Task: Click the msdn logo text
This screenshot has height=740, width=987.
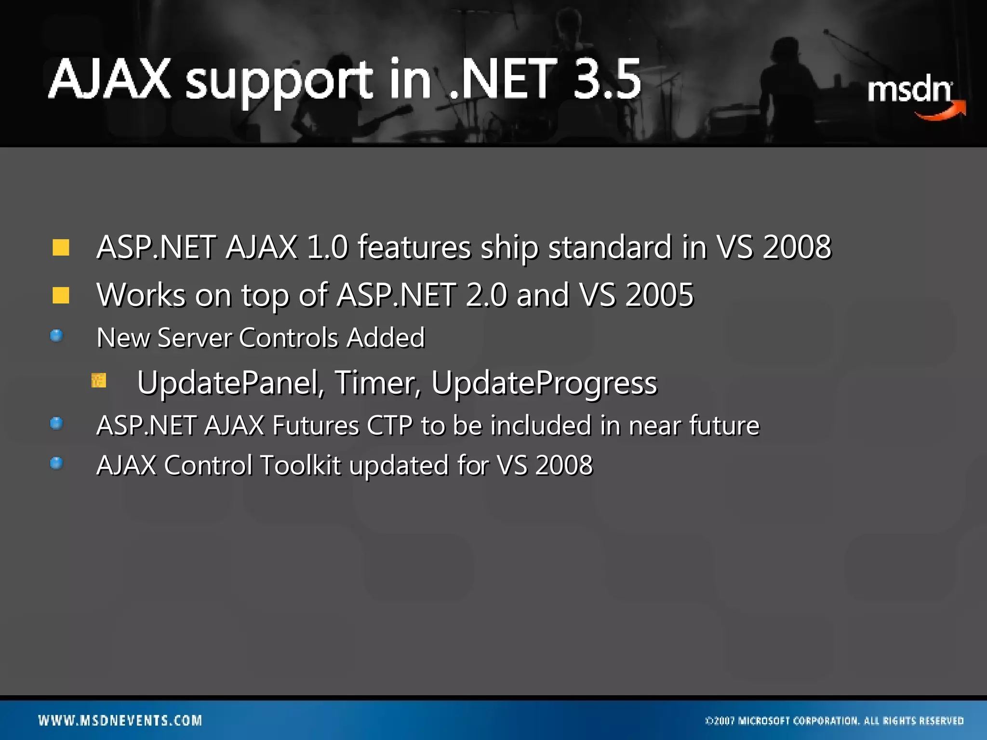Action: point(909,90)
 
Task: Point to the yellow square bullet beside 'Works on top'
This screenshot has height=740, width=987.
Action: point(61,295)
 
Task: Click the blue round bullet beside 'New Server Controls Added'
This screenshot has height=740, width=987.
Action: point(56,335)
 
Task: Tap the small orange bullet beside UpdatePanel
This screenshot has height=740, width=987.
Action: point(99,381)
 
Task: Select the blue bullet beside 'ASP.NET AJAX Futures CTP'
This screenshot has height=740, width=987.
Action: point(56,423)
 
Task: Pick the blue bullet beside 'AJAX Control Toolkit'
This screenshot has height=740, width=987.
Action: point(56,463)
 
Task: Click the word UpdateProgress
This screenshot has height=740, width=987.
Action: point(544,383)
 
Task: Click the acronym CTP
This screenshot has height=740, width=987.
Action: point(389,426)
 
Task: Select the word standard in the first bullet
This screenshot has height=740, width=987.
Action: point(610,247)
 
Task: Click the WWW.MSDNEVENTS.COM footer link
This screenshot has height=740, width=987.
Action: point(120,721)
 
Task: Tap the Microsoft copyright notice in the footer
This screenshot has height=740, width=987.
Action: point(834,721)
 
